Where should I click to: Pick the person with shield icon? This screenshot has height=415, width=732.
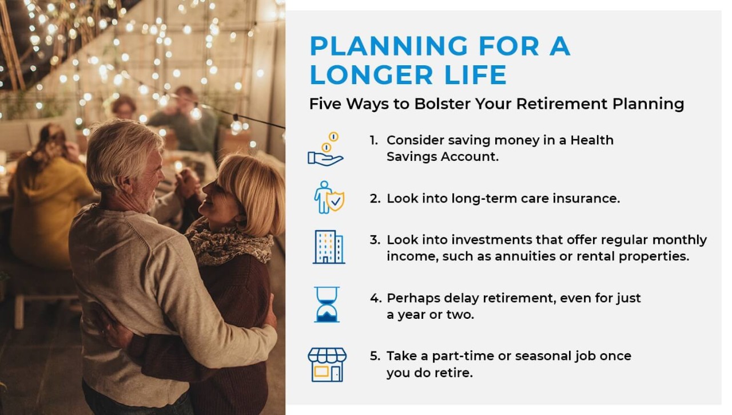coord(329,197)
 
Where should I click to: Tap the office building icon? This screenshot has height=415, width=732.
coord(329,247)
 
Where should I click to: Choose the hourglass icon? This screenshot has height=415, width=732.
coord(327,305)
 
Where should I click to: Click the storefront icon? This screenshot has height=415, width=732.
coord(327,365)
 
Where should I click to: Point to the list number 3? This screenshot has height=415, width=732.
coord(375,240)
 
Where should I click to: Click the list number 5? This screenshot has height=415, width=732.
coord(375,356)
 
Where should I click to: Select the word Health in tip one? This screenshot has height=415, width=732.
coord(592,140)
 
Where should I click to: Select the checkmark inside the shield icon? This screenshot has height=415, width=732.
coord(335,202)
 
